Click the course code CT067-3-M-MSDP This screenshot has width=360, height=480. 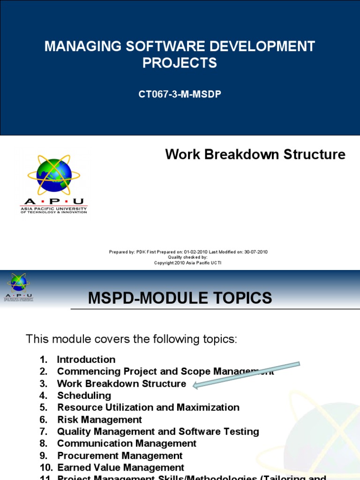click(x=180, y=94)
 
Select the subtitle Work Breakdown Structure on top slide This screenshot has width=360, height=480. click(x=255, y=154)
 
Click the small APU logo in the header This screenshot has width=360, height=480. click(x=19, y=286)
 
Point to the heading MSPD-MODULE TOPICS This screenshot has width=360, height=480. click(x=180, y=298)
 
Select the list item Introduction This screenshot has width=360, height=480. click(x=86, y=360)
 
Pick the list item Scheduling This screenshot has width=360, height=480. click(x=84, y=396)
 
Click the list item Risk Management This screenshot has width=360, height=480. click(x=99, y=420)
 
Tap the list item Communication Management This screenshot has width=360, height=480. click(x=127, y=443)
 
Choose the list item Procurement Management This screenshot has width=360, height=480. click(x=120, y=456)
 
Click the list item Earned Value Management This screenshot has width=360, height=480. click(x=120, y=467)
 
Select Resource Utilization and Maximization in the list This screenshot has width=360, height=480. click(x=148, y=407)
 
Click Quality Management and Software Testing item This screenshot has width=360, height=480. click(x=158, y=431)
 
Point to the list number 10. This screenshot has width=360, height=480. click(x=45, y=467)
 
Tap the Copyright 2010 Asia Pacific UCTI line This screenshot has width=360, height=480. click(x=187, y=263)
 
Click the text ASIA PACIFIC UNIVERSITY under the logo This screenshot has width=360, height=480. click(x=53, y=208)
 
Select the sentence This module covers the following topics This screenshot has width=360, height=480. click(x=131, y=339)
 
